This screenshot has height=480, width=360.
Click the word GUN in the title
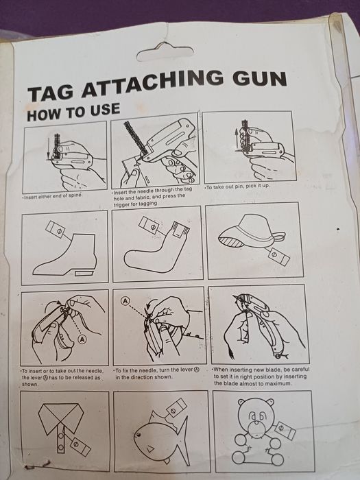coord(259,80)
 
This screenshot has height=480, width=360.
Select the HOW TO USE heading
coord(73,112)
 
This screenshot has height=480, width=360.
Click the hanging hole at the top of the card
coord(165,52)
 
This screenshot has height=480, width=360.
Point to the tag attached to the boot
coord(55,228)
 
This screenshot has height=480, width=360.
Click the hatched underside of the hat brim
coord(230,241)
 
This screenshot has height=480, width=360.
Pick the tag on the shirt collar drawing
coord(80,446)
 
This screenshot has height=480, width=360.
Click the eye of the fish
coord(139,435)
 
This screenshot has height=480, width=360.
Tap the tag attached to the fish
coord(177,407)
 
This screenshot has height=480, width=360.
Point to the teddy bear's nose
coord(255,427)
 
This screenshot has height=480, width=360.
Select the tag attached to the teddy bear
coord(285,431)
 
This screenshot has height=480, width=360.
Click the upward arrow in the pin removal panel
coord(237,140)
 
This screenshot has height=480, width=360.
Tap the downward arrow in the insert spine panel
coord(49,149)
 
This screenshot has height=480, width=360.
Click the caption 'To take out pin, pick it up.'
coord(237,187)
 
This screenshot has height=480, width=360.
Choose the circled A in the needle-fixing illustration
coord(125,301)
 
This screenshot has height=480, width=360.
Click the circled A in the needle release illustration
coord(82,339)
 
